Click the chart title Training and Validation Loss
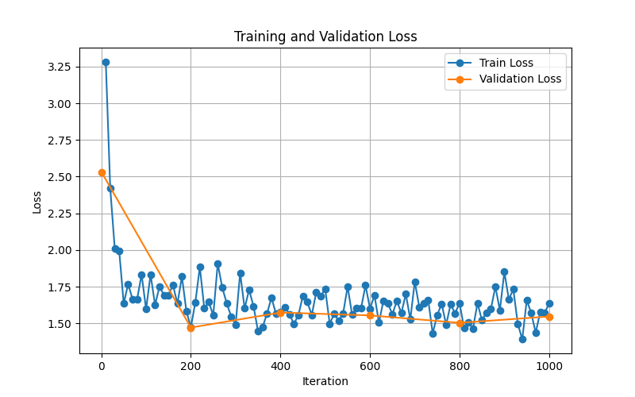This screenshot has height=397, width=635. [x=325, y=37]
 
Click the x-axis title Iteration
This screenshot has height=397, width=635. [x=325, y=381]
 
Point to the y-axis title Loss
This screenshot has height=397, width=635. [x=37, y=202]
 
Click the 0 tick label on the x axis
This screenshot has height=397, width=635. [x=102, y=366]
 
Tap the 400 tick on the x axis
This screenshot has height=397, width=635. [x=280, y=366]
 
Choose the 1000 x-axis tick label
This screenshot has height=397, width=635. [x=549, y=366]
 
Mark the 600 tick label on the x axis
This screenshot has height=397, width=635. [x=370, y=366]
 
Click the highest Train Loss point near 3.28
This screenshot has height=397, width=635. [x=106, y=62]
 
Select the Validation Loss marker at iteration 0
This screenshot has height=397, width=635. [x=102, y=172]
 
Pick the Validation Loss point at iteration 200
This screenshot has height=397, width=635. [x=190, y=327]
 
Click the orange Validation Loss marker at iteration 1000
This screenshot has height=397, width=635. [x=549, y=317]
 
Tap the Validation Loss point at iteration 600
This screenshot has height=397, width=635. [x=370, y=315]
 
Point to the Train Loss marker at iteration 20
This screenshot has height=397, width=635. [x=110, y=188]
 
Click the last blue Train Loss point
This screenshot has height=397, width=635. [x=549, y=303]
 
